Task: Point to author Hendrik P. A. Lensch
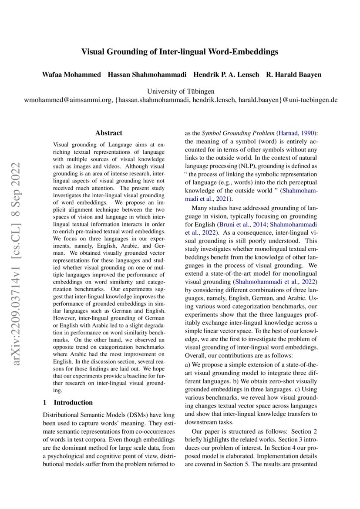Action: [226, 74]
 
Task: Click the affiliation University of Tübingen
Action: [180, 91]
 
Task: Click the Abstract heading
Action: [109, 133]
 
